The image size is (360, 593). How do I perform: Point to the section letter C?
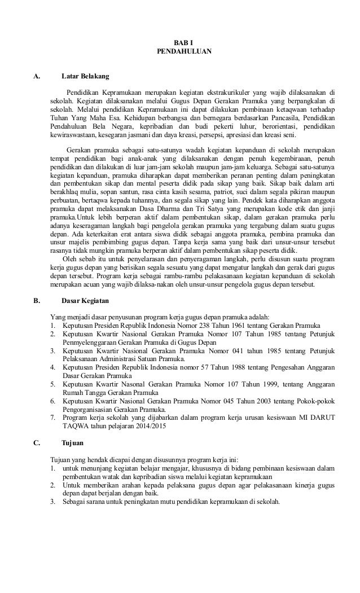(37, 443)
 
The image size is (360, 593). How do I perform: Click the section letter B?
(37, 300)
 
